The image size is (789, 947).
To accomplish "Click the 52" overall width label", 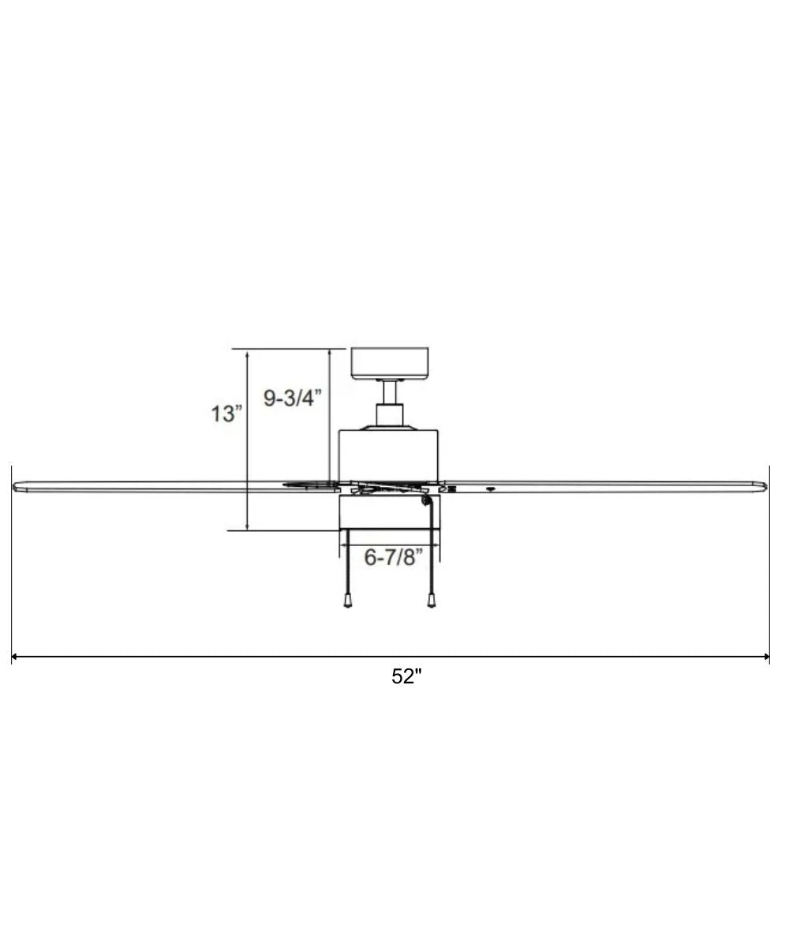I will click(x=407, y=677).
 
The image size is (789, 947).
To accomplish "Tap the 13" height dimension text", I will click(x=226, y=413).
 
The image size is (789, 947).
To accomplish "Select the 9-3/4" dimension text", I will click(x=293, y=399).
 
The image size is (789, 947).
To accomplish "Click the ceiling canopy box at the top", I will click(x=389, y=363).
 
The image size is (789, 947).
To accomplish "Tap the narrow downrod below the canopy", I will click(x=389, y=392).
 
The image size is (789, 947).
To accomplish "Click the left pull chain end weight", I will click(x=347, y=602).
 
